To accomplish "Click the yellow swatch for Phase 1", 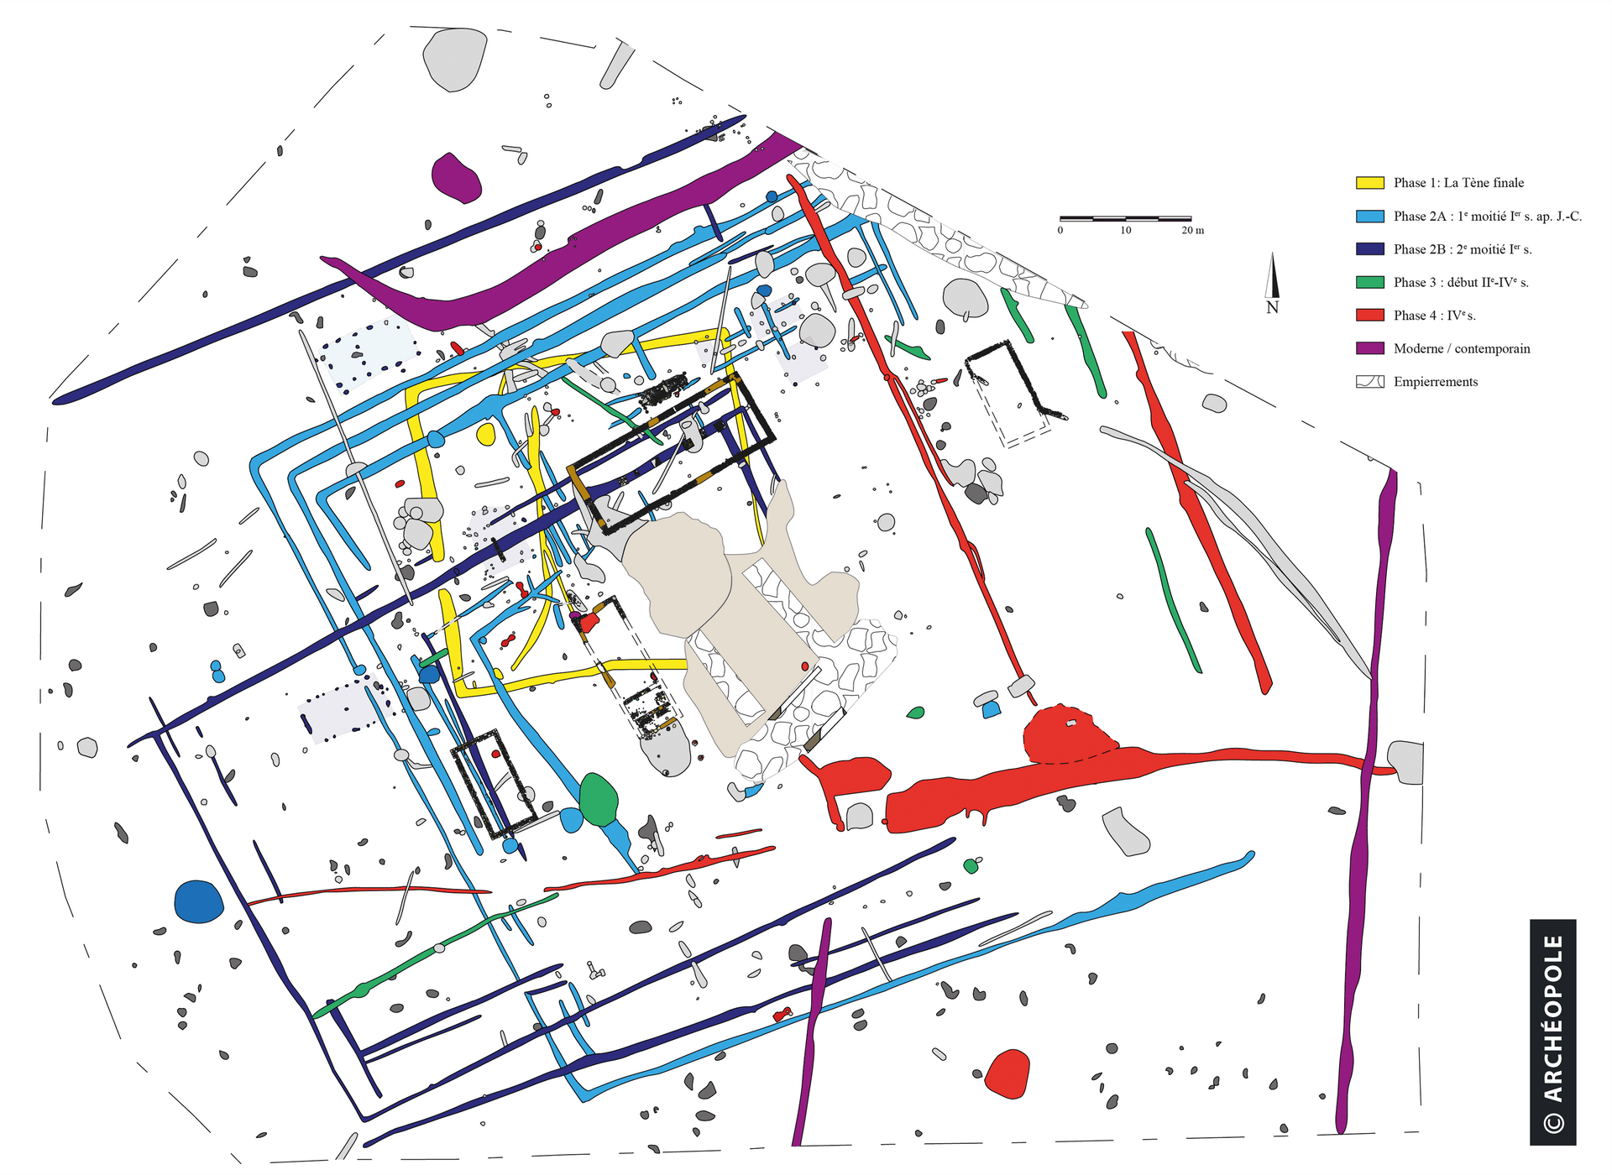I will point(1369,183).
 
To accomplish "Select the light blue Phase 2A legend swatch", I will point(1369,216).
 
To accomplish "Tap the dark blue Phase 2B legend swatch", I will point(1369,249).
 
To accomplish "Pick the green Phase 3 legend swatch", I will point(1369,282).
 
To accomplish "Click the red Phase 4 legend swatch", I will point(1369,316).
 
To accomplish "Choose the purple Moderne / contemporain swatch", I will point(1369,348).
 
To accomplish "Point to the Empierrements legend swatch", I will point(1369,382).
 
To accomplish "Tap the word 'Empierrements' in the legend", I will point(1436,382).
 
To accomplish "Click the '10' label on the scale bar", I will point(1125,230).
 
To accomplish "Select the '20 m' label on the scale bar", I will point(1192,230).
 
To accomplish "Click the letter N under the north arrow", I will point(1272,308).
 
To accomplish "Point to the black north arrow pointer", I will point(1273,275).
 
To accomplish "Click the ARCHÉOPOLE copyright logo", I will point(1552,1032).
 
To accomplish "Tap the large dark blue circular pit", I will point(199,902).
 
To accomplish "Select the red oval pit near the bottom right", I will point(1007,1073).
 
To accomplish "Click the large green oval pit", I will point(599,799).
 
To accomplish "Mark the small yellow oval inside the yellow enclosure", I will point(486,434).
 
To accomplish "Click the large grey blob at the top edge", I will point(454,59).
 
